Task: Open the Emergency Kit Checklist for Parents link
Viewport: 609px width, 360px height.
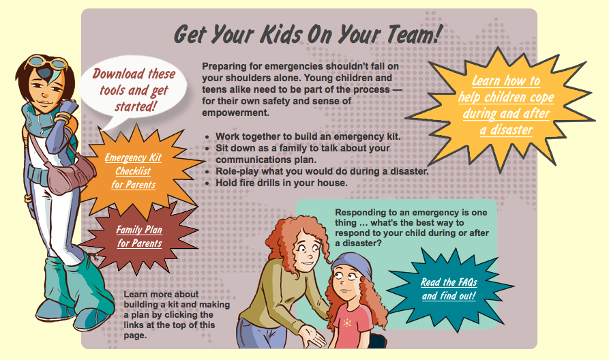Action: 133,171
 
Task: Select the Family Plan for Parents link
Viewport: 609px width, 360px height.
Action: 139,236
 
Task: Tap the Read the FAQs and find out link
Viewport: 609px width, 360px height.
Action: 449,289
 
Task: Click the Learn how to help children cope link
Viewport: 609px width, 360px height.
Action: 506,105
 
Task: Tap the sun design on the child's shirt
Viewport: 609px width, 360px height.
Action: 347,322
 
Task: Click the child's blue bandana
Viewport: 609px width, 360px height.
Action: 351,264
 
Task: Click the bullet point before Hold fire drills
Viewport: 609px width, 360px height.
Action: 207,183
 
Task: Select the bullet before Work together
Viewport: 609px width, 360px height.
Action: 207,137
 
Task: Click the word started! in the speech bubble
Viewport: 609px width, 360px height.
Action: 136,106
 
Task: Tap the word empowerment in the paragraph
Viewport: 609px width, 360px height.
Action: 235,113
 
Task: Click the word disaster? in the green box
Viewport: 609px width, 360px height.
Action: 362,243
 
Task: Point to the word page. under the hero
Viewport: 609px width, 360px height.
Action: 136,335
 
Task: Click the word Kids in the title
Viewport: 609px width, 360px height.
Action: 281,34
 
